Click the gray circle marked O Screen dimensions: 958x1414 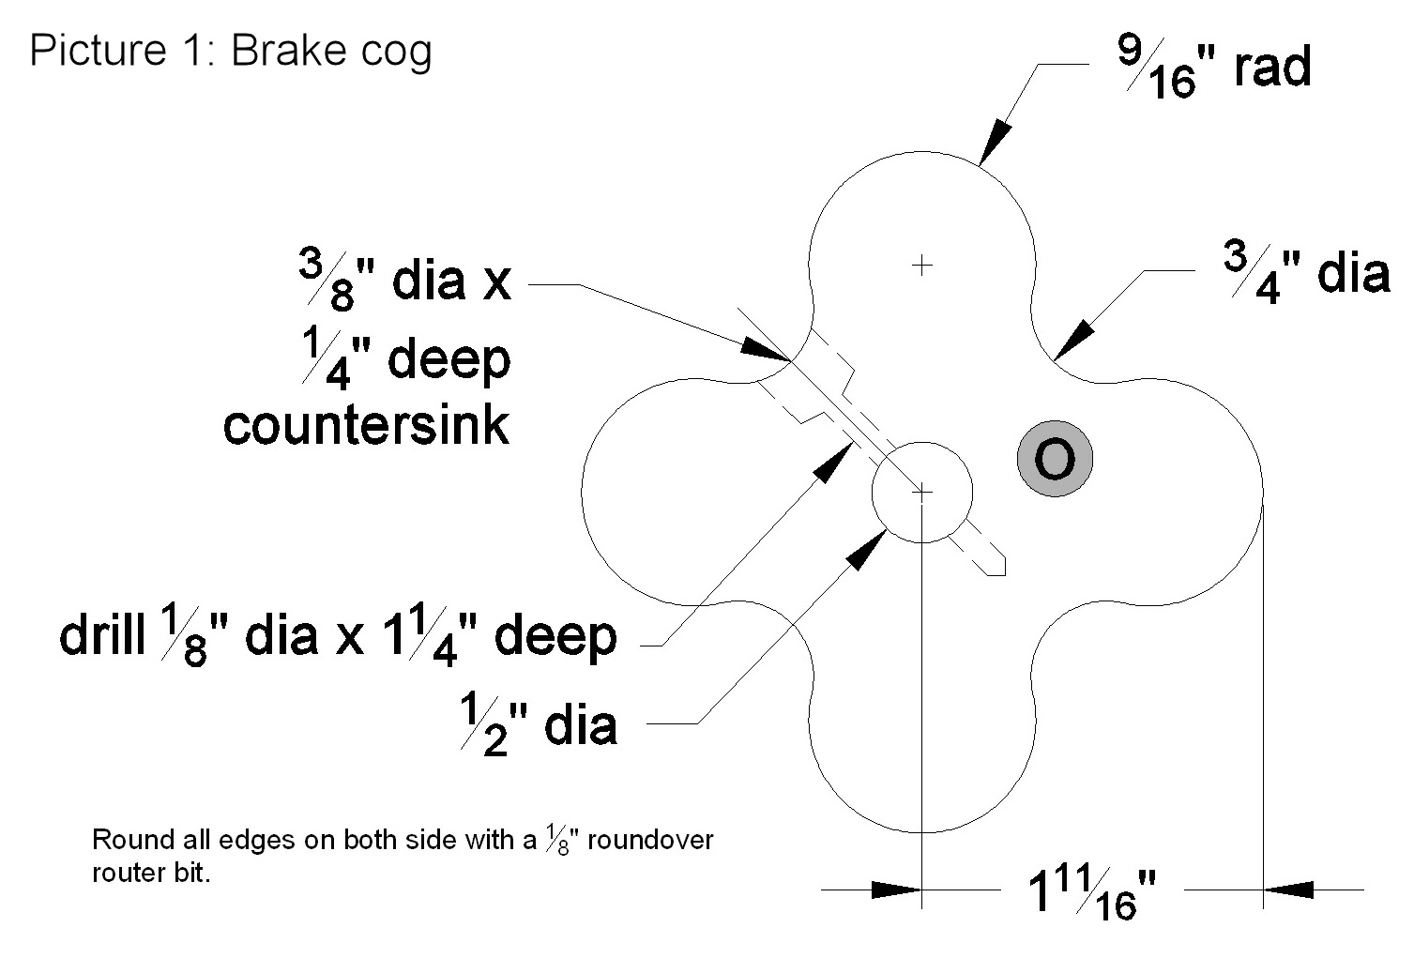tap(1055, 459)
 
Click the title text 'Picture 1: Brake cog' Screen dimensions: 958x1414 tap(231, 51)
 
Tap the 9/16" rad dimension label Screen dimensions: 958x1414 tap(1213, 68)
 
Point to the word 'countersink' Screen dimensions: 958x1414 tap(367, 425)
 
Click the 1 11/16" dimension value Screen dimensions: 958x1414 tap(1093, 891)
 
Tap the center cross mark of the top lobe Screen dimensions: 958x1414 tap(922, 265)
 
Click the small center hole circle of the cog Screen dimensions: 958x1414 tap(922, 492)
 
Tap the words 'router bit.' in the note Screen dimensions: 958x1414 tap(151, 873)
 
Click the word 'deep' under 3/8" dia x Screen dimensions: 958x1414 tap(448, 360)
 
